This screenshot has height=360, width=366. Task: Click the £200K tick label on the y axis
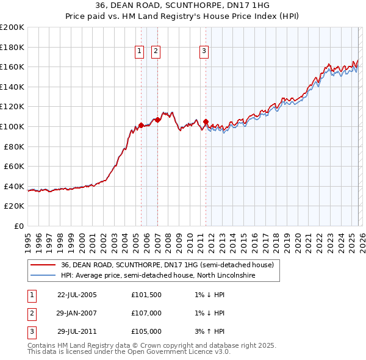pyautogui.click(x=12, y=27)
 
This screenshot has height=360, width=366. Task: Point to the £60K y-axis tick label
pyautogui.click(x=14, y=166)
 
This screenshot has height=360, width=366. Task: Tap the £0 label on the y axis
pyautogui.click(x=19, y=226)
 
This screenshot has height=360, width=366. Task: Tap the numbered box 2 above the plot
pyautogui.click(x=156, y=52)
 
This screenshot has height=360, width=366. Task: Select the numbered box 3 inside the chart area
pyautogui.click(x=204, y=52)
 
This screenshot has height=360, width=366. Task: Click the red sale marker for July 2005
pyautogui.click(x=141, y=125)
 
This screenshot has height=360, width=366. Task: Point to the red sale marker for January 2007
pyautogui.click(x=157, y=120)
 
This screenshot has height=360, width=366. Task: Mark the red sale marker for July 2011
pyautogui.click(x=206, y=121)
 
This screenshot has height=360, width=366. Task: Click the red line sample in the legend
pyautogui.click(x=43, y=265)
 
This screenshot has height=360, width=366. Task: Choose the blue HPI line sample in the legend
pyautogui.click(x=43, y=276)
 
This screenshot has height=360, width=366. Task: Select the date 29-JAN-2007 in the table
pyautogui.click(x=77, y=314)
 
